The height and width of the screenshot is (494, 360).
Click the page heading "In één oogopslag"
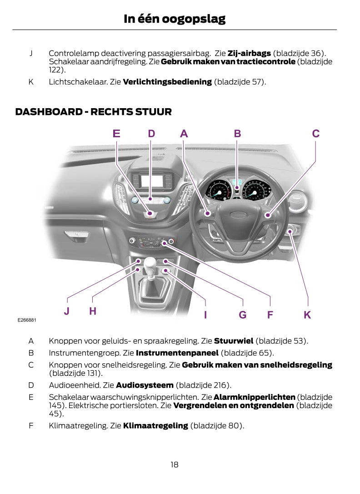[175, 19]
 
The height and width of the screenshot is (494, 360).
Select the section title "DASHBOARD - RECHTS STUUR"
[94, 112]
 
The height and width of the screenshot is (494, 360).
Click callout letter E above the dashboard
[117, 134]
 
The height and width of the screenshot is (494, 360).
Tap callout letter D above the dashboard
[151, 134]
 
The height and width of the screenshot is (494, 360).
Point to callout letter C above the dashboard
[316, 134]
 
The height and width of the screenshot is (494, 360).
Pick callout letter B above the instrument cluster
[237, 134]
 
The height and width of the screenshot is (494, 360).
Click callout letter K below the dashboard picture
[308, 314]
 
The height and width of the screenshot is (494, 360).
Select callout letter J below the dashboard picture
[67, 311]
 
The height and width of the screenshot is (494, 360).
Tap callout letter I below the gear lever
[205, 314]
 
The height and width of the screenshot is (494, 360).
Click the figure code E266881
[27, 320]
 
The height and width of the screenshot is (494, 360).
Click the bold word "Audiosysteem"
[145, 385]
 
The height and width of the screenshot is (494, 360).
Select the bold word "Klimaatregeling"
[155, 426]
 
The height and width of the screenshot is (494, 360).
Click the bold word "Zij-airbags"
[249, 54]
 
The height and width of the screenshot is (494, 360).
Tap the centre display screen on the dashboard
[152, 181]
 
